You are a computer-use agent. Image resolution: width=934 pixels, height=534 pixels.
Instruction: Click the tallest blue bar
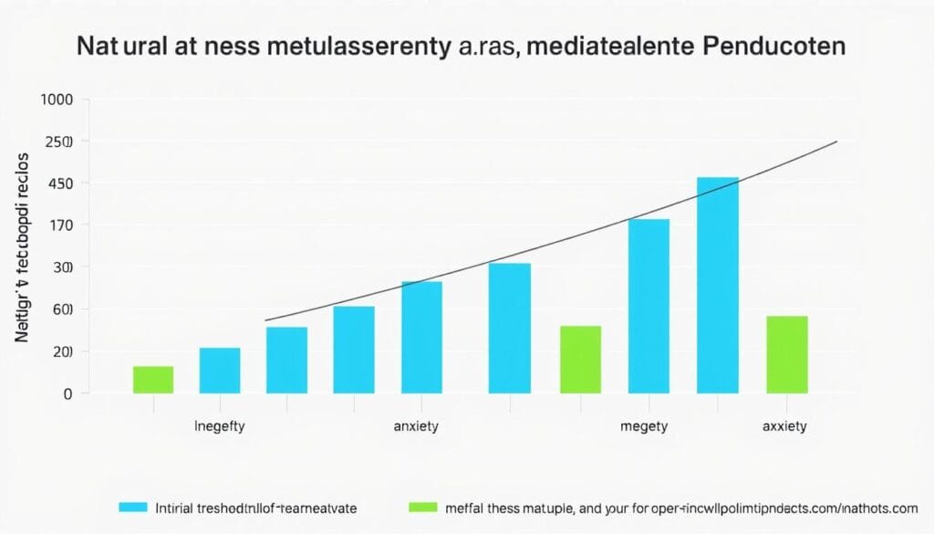(x=717, y=285)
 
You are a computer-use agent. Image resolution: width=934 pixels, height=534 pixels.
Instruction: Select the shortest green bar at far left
(x=153, y=380)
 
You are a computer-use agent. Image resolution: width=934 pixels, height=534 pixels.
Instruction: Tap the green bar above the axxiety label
(x=786, y=354)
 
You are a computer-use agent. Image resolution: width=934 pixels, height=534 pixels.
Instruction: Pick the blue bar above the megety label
(x=649, y=306)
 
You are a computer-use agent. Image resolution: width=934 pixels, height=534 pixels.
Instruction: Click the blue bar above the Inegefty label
(x=220, y=370)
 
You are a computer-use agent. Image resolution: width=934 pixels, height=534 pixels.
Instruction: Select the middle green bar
(x=580, y=360)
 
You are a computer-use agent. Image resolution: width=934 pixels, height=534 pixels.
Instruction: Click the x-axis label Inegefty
(x=220, y=426)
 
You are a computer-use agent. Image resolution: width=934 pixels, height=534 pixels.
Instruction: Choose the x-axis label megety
(x=643, y=426)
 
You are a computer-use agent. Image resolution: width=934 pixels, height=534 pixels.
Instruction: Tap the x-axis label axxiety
(x=784, y=426)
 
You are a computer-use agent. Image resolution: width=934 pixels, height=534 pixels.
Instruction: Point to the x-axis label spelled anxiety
(x=417, y=426)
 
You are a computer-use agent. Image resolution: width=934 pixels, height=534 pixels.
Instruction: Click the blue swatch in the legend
(x=132, y=506)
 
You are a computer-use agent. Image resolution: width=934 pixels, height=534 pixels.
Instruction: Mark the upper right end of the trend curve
(x=835, y=141)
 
